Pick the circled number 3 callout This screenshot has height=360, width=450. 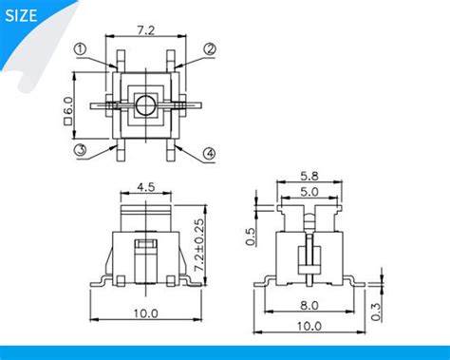[82, 149]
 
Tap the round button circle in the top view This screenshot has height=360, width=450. [145, 104]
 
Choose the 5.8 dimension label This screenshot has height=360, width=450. [309, 177]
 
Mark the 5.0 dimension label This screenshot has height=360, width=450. [309, 192]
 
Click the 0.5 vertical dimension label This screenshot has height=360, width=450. [252, 236]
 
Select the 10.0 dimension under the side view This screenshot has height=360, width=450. [309, 325]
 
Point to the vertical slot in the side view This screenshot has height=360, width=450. [308, 257]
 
